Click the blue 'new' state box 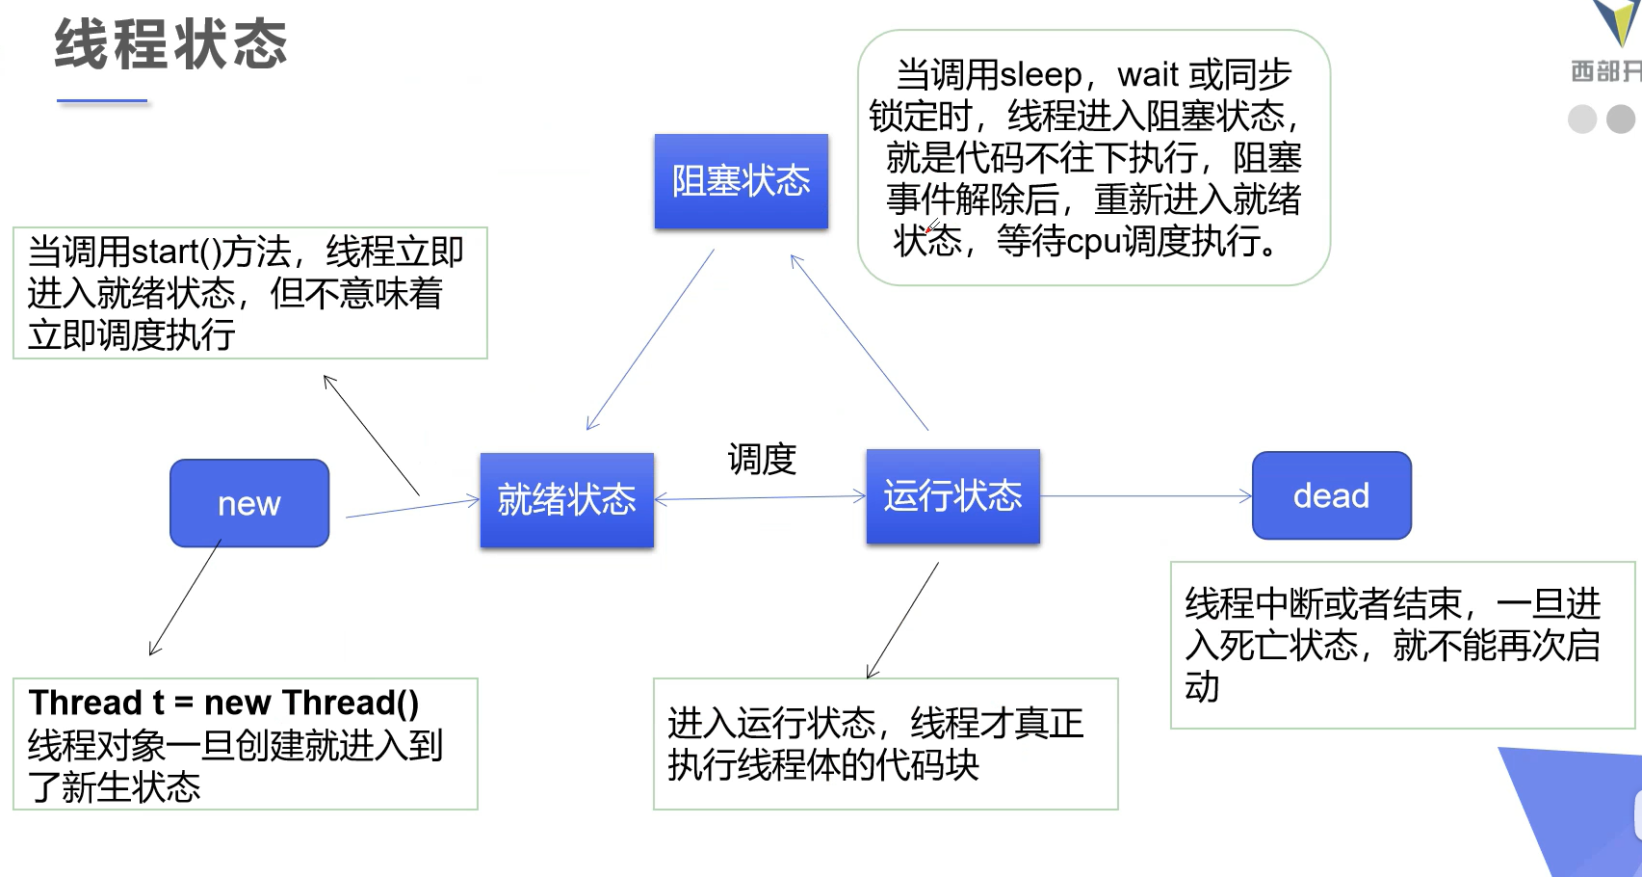tap(249, 503)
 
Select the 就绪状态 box tap(566, 500)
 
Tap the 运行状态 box tap(953, 496)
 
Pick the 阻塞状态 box tap(742, 181)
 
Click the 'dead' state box tap(1332, 495)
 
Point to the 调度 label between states tap(763, 459)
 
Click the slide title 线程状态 tap(170, 44)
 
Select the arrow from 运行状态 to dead tap(1146, 496)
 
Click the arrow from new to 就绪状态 tap(413, 508)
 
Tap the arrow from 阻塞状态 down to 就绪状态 tap(650, 339)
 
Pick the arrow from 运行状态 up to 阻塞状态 tap(859, 342)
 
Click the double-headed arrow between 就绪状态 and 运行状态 tap(760, 498)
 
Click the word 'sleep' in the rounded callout tap(1041, 75)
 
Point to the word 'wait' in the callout tap(1149, 75)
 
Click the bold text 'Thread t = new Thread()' tap(223, 703)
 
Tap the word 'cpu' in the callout tap(1094, 241)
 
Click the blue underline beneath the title tap(102, 100)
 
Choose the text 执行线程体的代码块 tap(823, 765)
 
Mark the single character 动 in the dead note tap(1202, 687)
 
